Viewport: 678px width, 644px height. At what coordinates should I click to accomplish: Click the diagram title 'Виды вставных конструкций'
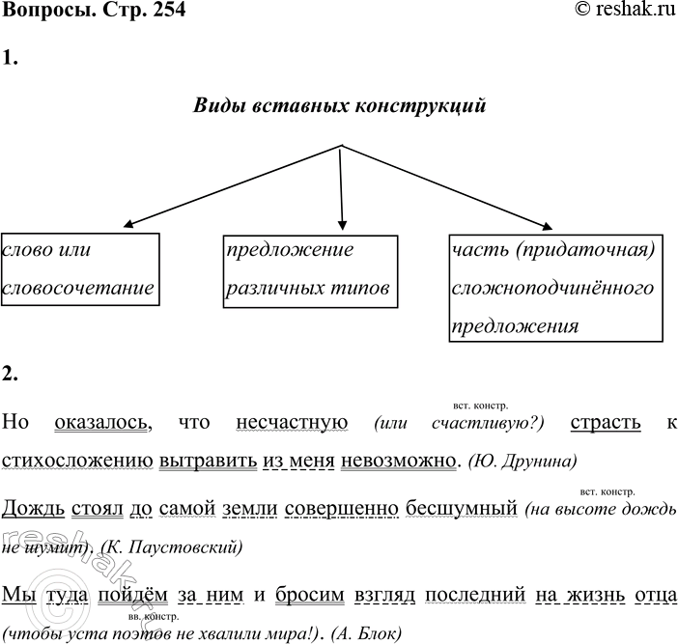(x=340, y=104)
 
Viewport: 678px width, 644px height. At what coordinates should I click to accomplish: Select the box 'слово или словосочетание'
(x=80, y=269)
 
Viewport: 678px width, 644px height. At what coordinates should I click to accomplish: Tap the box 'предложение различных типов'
(x=309, y=269)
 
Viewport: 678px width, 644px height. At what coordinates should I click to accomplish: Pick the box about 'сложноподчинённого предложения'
(x=555, y=288)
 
